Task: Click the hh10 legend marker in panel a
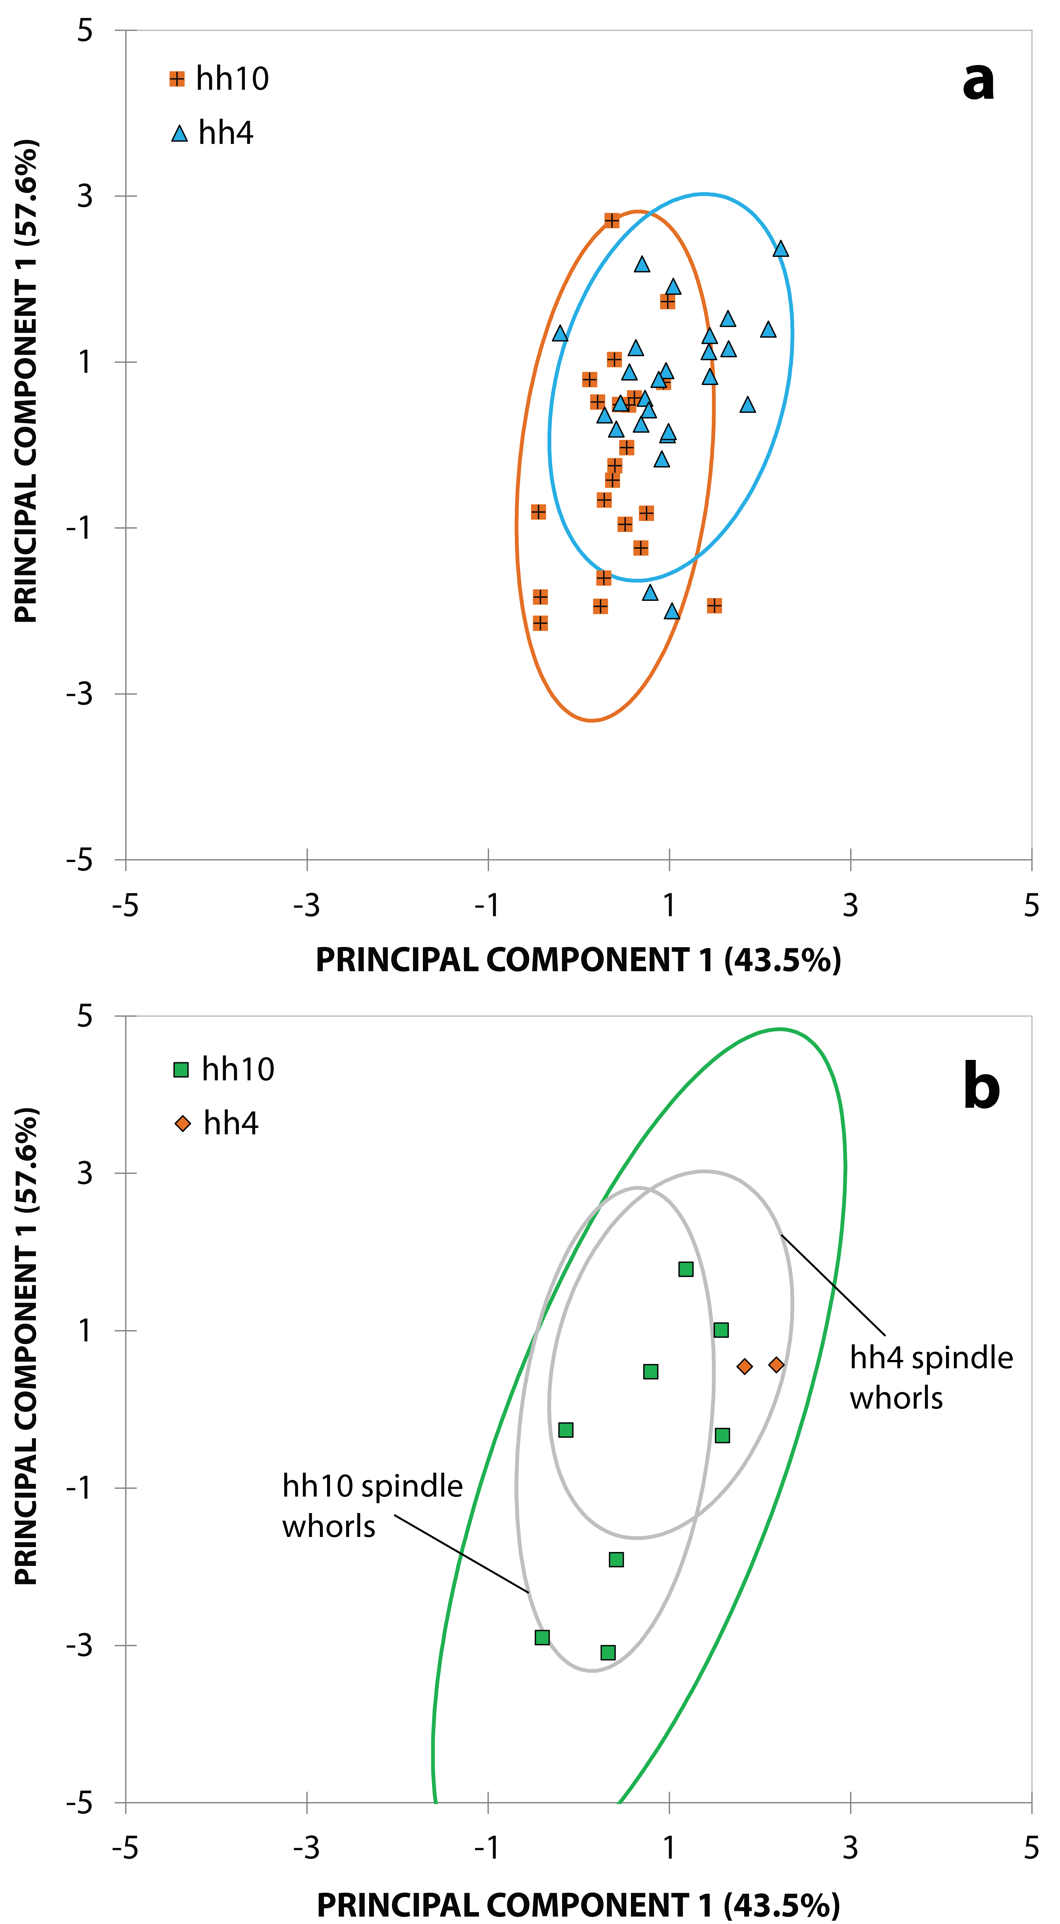[x=177, y=79]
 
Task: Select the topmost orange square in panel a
[x=612, y=220]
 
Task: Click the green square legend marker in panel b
[x=181, y=1070]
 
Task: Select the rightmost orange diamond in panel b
[x=776, y=1365]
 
